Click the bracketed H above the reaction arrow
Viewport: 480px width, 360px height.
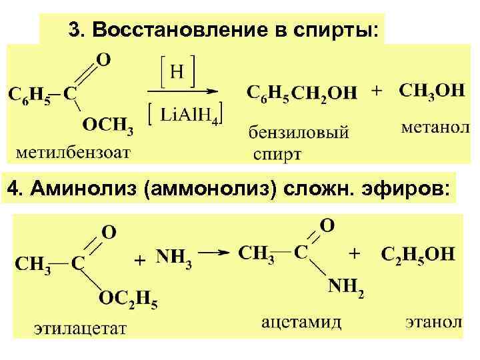(175, 72)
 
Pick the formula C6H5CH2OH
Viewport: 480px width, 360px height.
(302, 93)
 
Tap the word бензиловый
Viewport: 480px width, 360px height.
(298, 132)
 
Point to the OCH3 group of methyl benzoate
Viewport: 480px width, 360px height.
(108, 124)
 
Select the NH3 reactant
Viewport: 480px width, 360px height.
(175, 257)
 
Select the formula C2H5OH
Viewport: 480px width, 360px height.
(417, 253)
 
